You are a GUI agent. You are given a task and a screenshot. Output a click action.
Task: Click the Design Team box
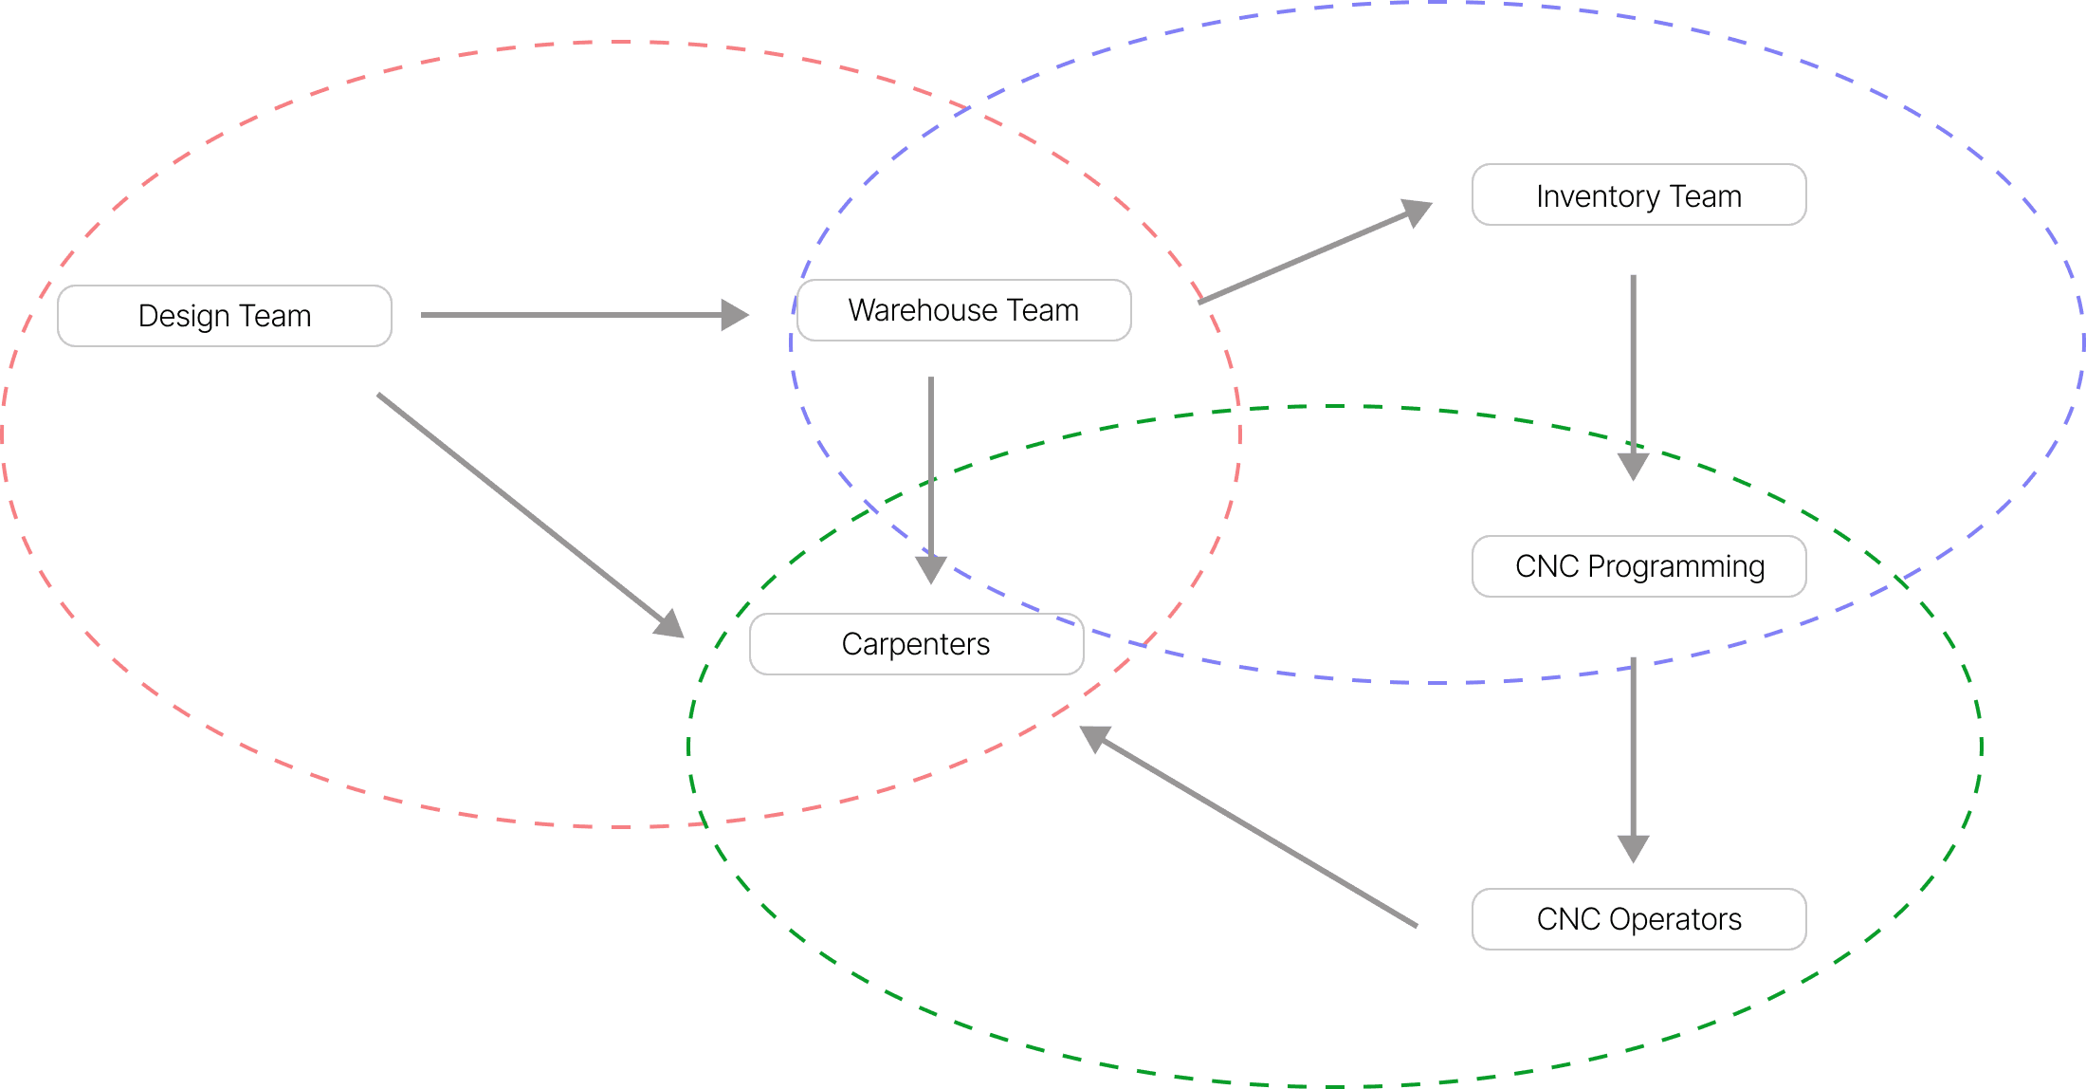tap(225, 316)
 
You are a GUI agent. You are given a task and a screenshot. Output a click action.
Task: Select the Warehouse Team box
tap(963, 310)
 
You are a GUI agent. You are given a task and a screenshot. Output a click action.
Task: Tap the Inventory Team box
tap(1638, 195)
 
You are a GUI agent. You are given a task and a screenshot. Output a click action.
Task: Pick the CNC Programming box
tap(1638, 566)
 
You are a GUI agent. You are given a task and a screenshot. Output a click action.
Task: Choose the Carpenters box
tap(916, 644)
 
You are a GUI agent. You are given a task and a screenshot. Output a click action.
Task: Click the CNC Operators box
tap(1638, 919)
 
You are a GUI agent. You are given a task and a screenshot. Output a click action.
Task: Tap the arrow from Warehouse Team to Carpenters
tap(931, 474)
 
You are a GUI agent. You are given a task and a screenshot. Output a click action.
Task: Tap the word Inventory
tap(1598, 196)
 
